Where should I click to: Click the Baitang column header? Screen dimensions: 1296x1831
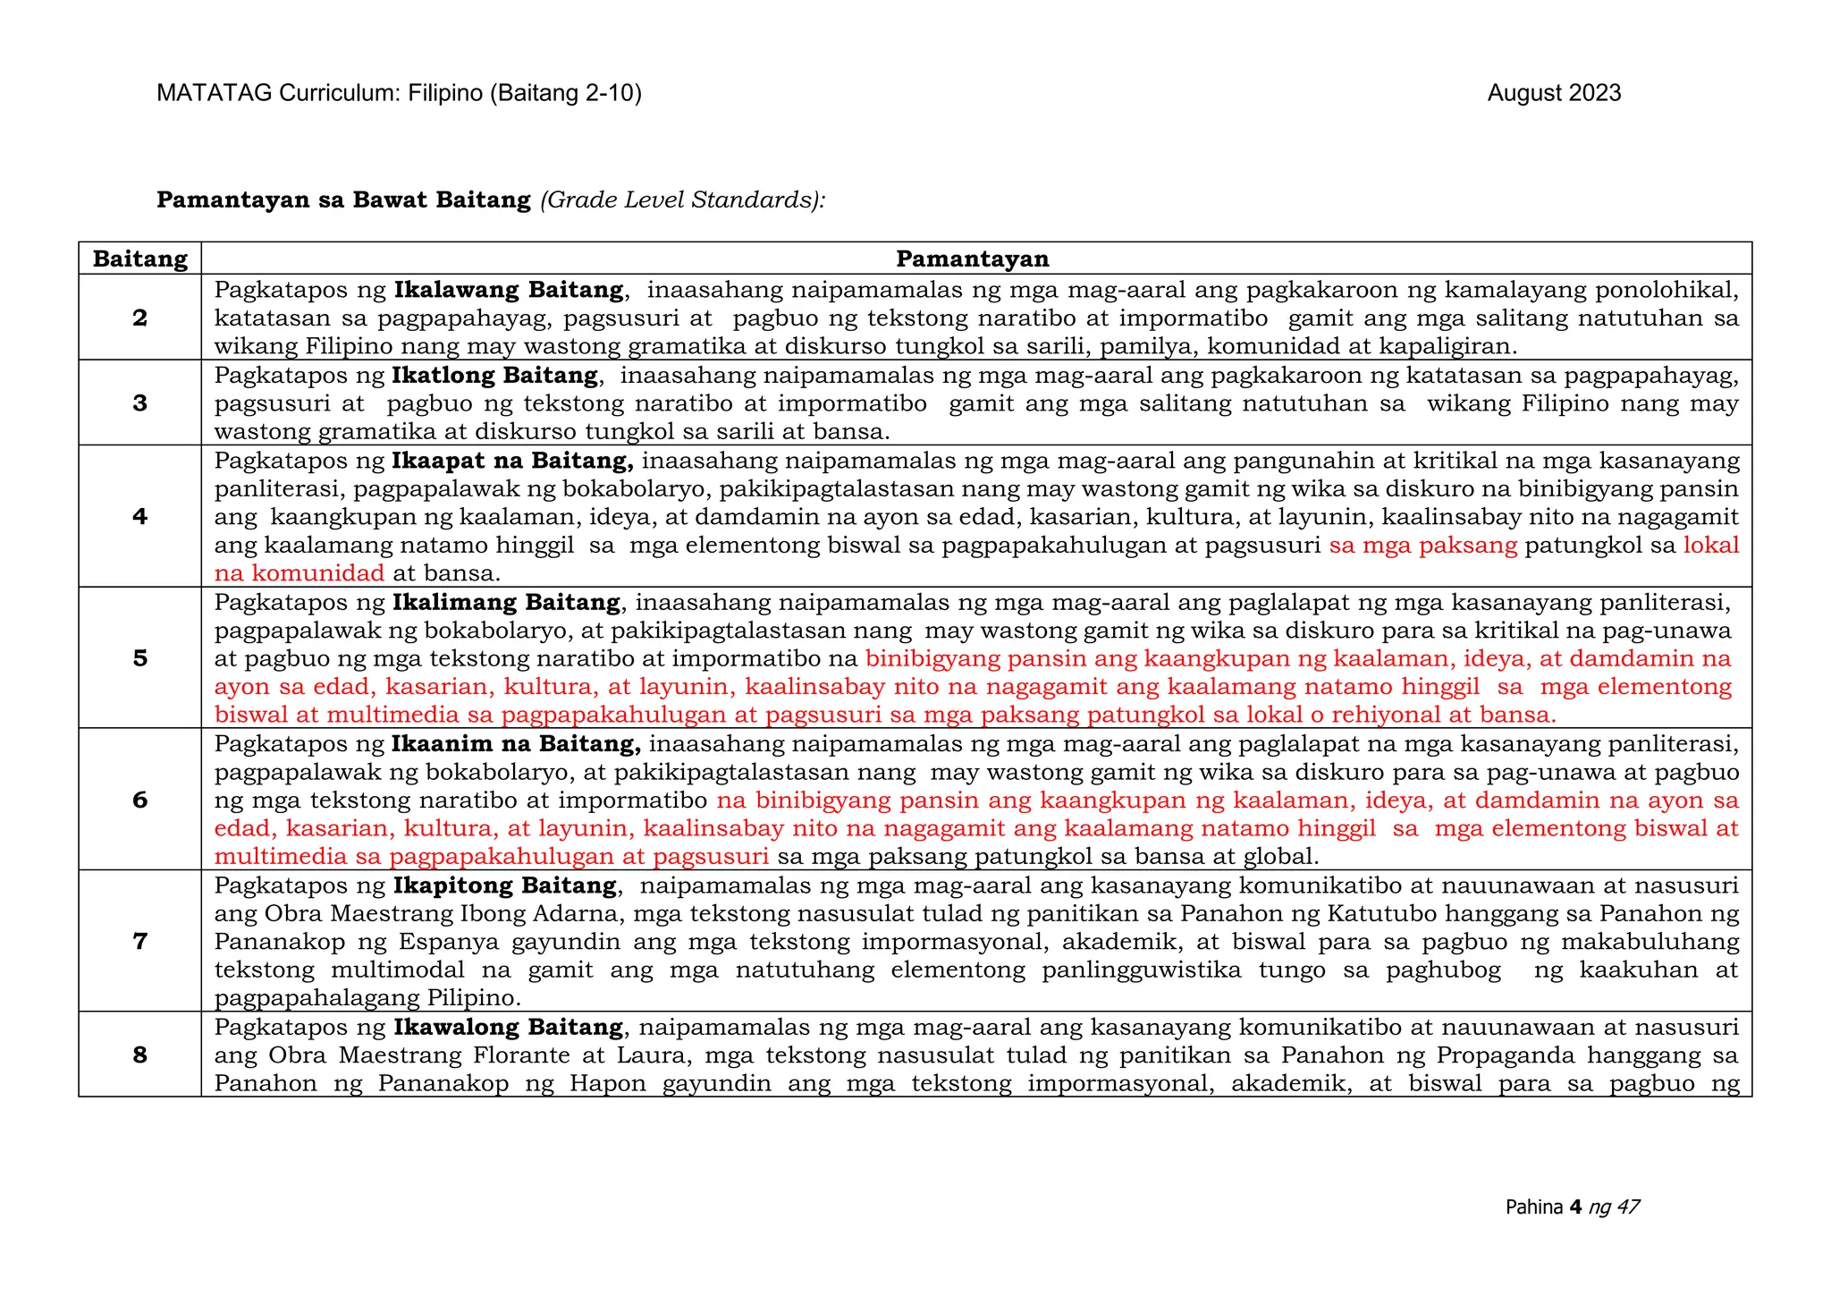pyautogui.click(x=140, y=259)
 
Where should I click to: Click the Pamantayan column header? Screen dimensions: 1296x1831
pyautogui.click(x=972, y=259)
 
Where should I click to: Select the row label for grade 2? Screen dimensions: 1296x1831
pyautogui.click(x=140, y=318)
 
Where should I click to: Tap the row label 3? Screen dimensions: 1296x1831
pyautogui.click(x=140, y=403)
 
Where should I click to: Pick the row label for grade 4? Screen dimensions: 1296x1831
pyautogui.click(x=140, y=516)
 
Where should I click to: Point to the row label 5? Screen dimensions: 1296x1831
pyautogui.click(x=140, y=658)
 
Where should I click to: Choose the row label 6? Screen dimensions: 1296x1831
pyautogui.click(x=140, y=800)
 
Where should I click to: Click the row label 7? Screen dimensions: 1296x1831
pyautogui.click(x=140, y=941)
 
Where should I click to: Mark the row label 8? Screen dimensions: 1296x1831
pyautogui.click(x=140, y=1055)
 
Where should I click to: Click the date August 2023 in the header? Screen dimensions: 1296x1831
pyautogui.click(x=1554, y=94)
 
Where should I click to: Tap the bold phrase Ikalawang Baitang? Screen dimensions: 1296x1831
pyautogui.click(x=509, y=291)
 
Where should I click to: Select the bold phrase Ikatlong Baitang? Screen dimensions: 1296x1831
pyautogui.click(x=494, y=376)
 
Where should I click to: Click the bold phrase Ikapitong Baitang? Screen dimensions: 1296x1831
pyautogui.click(x=505, y=886)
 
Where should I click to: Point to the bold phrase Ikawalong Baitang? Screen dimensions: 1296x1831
pyautogui.click(x=508, y=1028)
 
